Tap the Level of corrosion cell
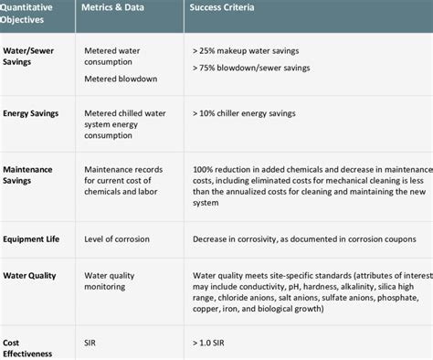tap(120, 239)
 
